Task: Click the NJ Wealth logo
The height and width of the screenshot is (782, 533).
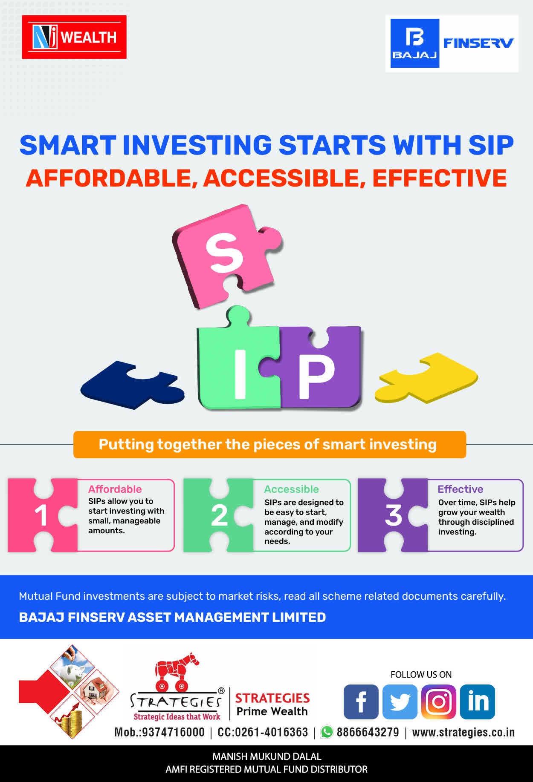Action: click(74, 37)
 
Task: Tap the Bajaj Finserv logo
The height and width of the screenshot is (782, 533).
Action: click(452, 43)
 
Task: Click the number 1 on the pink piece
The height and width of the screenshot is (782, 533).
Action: click(41, 515)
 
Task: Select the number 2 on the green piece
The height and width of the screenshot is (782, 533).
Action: click(219, 515)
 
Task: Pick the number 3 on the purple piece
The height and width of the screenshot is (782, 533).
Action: click(394, 515)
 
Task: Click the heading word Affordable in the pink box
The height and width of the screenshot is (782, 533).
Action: click(115, 489)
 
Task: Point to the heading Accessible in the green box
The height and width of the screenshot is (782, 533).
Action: click(291, 489)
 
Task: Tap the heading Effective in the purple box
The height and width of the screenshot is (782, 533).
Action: click(461, 489)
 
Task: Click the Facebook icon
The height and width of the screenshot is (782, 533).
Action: click(361, 702)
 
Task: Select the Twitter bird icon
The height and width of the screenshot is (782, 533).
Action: click(400, 702)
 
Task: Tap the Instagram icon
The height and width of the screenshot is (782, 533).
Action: click(439, 702)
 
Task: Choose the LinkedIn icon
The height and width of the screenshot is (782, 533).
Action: click(478, 702)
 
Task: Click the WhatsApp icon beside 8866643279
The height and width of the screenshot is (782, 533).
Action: click(327, 732)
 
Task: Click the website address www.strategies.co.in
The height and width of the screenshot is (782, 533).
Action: click(463, 732)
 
